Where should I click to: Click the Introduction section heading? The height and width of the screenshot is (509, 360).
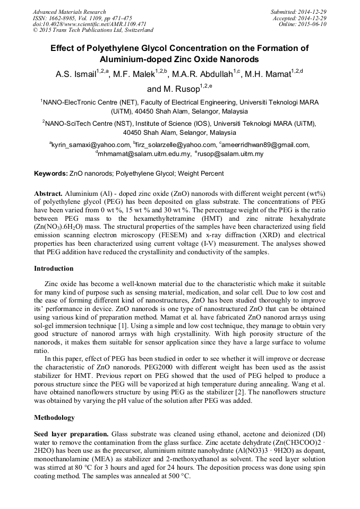54,269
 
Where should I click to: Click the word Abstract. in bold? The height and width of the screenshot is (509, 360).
48,193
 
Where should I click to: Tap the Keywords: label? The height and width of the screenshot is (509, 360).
51,174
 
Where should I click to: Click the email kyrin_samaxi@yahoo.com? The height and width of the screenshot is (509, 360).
90,145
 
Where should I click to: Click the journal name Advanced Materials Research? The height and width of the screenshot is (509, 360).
69,12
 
